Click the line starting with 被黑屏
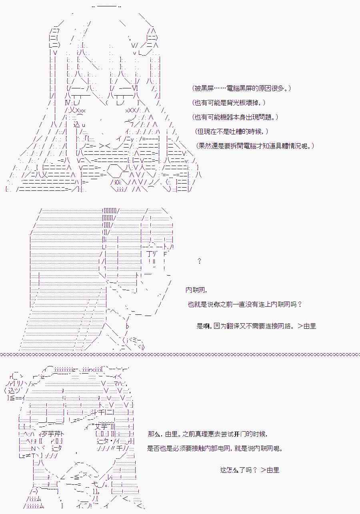click(241, 88)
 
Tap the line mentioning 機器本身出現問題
click(235, 117)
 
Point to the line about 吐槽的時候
click(231, 132)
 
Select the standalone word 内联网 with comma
click(196, 290)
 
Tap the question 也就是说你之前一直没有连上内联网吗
click(245, 304)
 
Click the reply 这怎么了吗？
click(238, 470)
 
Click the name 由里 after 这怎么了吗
click(272, 470)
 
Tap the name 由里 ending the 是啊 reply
click(310, 326)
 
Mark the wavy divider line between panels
click(180, 354)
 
